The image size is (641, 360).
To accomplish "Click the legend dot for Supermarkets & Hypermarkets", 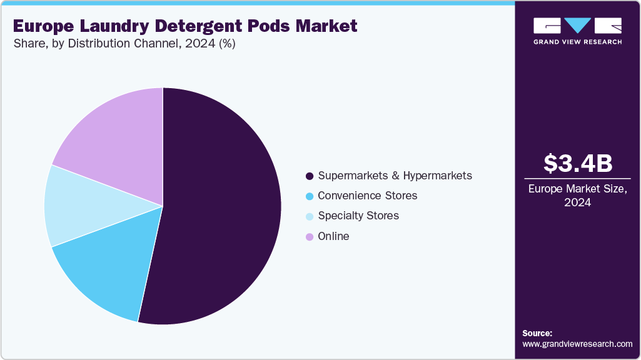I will (x=309, y=176).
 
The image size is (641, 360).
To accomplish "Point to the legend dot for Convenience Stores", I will (x=309, y=196).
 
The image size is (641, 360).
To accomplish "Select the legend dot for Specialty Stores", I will (x=309, y=216).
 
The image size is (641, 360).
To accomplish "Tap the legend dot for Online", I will (x=309, y=237).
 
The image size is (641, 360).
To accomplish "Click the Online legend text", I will (x=333, y=236).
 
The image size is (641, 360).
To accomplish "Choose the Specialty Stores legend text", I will (x=358, y=216).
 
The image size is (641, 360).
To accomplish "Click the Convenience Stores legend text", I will (x=367, y=196).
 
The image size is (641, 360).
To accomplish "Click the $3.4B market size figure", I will (x=577, y=163).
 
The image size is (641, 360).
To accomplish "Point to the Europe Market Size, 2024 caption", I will (x=577, y=195).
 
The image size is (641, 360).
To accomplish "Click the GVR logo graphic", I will (x=577, y=26).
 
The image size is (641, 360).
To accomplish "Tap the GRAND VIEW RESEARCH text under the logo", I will (x=577, y=42).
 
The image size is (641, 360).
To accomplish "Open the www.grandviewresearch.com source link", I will (x=577, y=344).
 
